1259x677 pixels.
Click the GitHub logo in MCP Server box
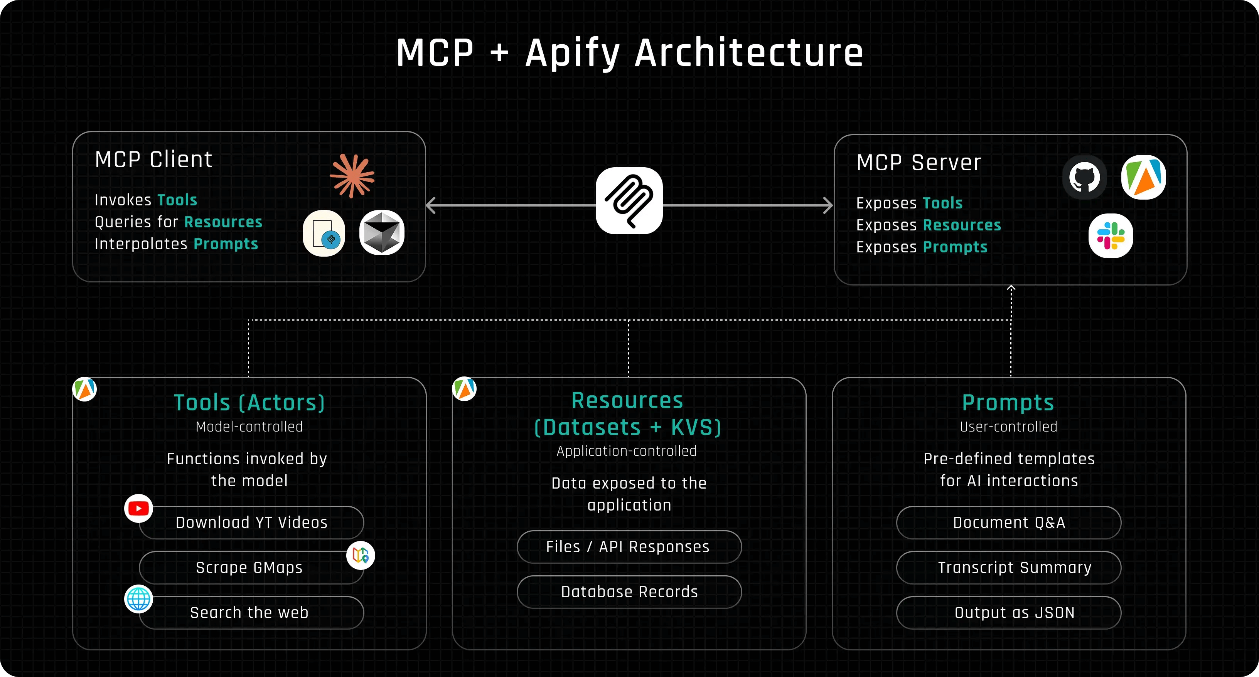1084,178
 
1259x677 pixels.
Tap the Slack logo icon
1111,236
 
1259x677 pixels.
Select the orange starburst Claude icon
352,176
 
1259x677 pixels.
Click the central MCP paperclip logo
629,201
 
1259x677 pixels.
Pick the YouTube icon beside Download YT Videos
138,509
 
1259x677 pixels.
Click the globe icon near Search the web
138,599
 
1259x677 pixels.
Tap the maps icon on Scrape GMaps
361,555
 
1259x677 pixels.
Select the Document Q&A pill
1008,522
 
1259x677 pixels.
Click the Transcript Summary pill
1008,568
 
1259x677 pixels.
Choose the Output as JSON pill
1008,613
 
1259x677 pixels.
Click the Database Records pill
629,592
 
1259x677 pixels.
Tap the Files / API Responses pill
629,547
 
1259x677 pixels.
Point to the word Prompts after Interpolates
226,244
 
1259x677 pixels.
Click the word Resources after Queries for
223,222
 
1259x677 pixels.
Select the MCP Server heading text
919,163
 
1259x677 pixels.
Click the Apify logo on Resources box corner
464,389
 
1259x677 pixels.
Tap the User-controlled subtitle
1008,427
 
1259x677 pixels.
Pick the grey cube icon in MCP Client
382,232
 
